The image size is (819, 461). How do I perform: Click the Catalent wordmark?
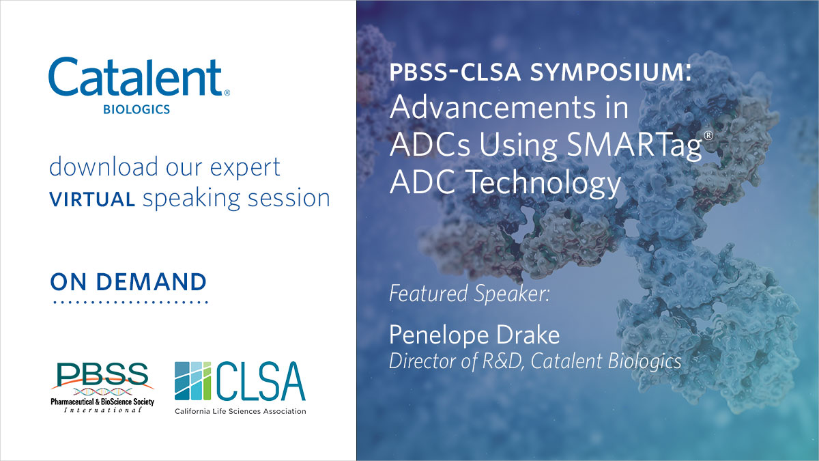(135, 77)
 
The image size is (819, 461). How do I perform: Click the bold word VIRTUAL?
(91, 199)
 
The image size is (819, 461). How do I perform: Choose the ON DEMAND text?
(128, 281)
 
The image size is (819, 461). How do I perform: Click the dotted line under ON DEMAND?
(129, 301)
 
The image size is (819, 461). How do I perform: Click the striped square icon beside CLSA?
(195, 381)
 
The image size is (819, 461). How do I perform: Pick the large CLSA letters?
(261, 381)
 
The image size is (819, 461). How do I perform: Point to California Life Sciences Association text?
(240, 411)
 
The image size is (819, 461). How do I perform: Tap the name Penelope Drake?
(474, 335)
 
